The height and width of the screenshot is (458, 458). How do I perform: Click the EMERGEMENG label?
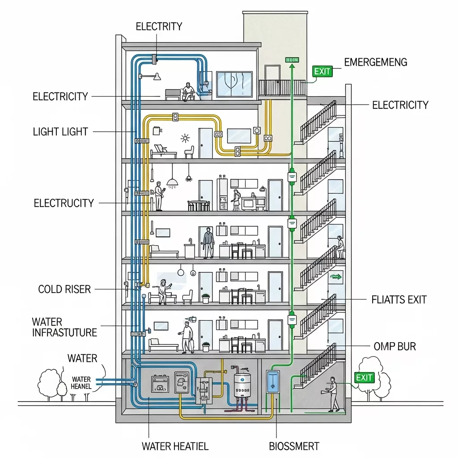376,62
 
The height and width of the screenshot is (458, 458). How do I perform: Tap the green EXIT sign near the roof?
322,71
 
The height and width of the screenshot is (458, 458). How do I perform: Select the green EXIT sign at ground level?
364,377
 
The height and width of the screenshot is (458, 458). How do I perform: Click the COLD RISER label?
64,289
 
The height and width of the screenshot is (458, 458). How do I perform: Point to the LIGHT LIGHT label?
60,132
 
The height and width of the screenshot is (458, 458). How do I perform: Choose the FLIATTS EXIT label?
399,300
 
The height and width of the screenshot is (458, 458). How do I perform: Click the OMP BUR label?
394,346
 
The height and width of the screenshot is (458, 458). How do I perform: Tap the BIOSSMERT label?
294,446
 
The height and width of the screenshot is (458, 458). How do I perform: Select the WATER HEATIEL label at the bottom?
175,446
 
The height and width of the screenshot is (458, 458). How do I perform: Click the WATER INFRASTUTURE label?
64,327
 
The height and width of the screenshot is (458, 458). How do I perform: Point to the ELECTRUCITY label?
64,204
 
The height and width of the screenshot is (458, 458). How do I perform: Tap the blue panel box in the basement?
272,382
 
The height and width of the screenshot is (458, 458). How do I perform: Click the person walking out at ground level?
333,394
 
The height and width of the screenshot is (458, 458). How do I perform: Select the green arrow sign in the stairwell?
335,278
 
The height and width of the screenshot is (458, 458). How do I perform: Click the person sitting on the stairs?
339,247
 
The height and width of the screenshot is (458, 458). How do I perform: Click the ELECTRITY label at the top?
159,26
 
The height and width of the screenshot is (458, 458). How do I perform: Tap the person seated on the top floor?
187,91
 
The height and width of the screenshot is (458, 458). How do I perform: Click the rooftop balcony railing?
282,87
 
